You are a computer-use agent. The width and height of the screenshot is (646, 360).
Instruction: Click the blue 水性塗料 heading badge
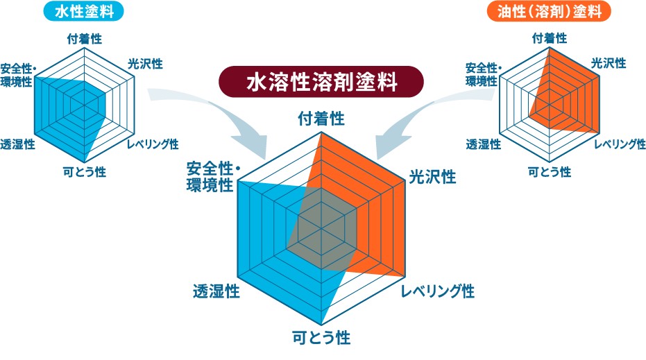tap(85, 11)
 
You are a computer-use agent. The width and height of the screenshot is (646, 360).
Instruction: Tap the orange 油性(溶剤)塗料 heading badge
tap(549, 11)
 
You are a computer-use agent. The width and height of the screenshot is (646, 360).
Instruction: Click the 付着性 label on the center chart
tap(321, 118)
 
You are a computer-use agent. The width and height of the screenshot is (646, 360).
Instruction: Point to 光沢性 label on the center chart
tap(432, 176)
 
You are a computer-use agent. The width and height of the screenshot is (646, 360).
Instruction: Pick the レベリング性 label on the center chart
tap(438, 291)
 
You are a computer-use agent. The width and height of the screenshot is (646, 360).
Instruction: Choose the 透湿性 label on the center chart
tap(216, 291)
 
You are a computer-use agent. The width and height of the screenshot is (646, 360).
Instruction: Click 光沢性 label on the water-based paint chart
tap(145, 64)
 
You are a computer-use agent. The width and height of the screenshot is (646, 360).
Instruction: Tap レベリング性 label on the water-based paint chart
tap(153, 144)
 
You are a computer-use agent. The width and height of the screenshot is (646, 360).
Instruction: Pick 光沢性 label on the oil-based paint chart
tap(608, 63)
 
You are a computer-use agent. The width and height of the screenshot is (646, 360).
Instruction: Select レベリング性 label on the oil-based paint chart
tap(619, 144)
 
